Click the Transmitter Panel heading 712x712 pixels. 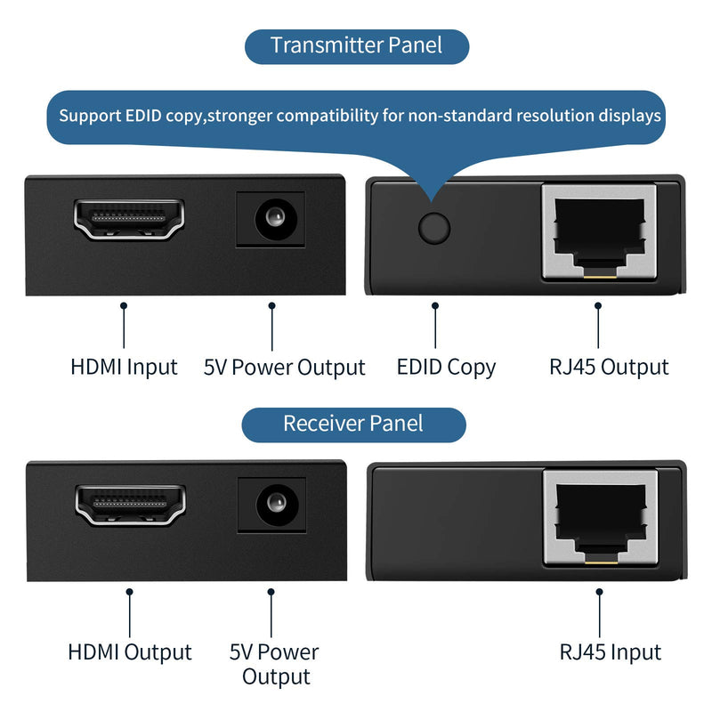(356, 44)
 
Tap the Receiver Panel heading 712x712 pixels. (353, 424)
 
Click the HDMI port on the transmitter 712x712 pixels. (129, 219)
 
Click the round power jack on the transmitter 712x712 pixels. (271, 219)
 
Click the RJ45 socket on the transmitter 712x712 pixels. (598, 231)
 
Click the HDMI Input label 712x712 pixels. (125, 367)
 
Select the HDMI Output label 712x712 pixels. (130, 652)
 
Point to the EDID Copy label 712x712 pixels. (446, 367)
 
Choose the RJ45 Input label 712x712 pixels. (611, 652)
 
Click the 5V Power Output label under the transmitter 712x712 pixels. (285, 368)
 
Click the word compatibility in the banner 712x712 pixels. (329, 116)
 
